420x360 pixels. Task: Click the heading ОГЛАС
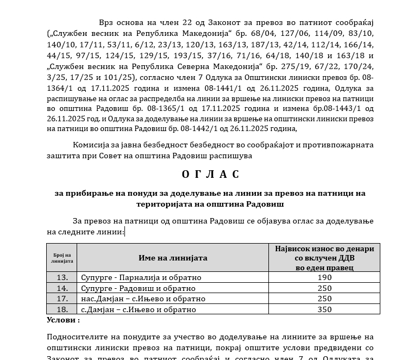pos(210,175)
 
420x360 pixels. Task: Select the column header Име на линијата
pos(173,258)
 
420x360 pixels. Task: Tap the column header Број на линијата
pos(62,258)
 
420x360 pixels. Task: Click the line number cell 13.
pos(62,277)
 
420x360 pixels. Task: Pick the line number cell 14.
pos(62,288)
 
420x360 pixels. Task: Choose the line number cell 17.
pos(62,299)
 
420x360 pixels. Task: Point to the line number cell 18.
pos(62,309)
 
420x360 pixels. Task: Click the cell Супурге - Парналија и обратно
pos(141,277)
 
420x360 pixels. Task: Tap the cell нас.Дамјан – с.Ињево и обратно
pos(143,299)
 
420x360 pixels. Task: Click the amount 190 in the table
pos(324,277)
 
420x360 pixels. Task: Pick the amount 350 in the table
pos(324,309)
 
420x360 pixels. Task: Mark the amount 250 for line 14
pos(324,288)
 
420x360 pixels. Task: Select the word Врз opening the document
pos(108,22)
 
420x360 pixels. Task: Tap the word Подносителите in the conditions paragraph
pos(76,337)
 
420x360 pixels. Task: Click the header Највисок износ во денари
pos(324,249)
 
